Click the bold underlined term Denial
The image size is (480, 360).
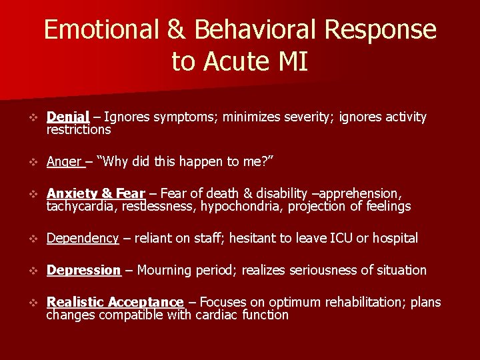coord(68,117)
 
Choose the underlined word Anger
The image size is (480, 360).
coord(65,161)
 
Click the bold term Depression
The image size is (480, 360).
coord(83,270)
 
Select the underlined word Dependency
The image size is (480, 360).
coord(83,238)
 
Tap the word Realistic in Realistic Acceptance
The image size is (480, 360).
coord(75,302)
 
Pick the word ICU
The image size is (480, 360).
coord(339,238)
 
